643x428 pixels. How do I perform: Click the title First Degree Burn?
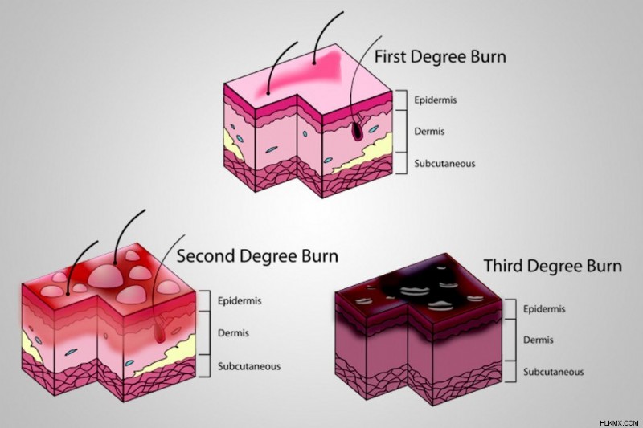(440, 56)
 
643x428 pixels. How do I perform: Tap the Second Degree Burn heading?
(257, 256)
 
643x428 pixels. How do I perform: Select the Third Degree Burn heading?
(553, 266)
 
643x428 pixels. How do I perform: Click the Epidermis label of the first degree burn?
(435, 100)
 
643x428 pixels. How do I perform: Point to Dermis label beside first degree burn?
(429, 132)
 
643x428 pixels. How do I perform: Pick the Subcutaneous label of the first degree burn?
(444, 164)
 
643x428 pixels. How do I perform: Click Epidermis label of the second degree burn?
(240, 301)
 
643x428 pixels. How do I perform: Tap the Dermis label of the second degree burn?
(233, 332)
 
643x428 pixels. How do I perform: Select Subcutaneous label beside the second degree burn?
(249, 366)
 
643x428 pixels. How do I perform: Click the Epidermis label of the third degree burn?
(544, 309)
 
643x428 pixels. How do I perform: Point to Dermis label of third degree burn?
(538, 340)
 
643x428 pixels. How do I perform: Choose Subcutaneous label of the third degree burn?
(553, 372)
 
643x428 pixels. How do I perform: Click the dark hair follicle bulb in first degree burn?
(358, 131)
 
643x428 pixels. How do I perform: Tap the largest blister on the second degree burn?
(106, 276)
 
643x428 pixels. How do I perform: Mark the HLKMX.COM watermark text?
(619, 422)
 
